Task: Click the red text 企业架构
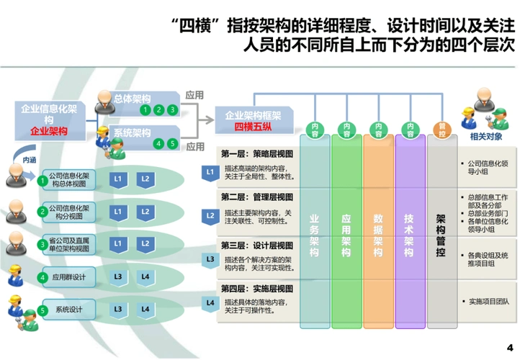tap(48, 132)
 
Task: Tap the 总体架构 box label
tap(133, 97)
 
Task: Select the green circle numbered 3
tap(172, 110)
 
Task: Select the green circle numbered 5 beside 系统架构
tap(172, 143)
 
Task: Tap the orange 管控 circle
tap(441, 129)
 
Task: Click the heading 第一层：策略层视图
tap(249, 154)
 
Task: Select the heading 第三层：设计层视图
tap(249, 245)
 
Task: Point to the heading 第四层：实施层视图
tap(249, 288)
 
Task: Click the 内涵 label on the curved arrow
tap(30, 160)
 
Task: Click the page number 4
tap(509, 347)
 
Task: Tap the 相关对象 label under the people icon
tap(486, 135)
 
